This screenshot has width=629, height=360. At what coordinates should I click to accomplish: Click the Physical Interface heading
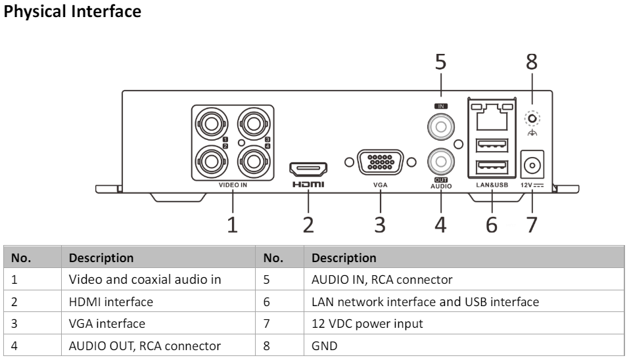72,12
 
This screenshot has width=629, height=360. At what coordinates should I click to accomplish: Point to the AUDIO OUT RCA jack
440,160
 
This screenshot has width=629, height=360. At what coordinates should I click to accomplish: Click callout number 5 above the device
440,62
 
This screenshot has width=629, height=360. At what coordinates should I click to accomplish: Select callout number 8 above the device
531,62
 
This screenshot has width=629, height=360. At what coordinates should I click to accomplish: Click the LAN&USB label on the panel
492,186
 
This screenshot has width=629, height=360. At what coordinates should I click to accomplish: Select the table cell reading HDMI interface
110,302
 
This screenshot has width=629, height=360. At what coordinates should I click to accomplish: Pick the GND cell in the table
323,345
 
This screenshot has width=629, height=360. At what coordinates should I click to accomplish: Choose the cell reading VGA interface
107,323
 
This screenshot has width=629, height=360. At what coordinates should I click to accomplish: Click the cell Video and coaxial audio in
145,279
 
